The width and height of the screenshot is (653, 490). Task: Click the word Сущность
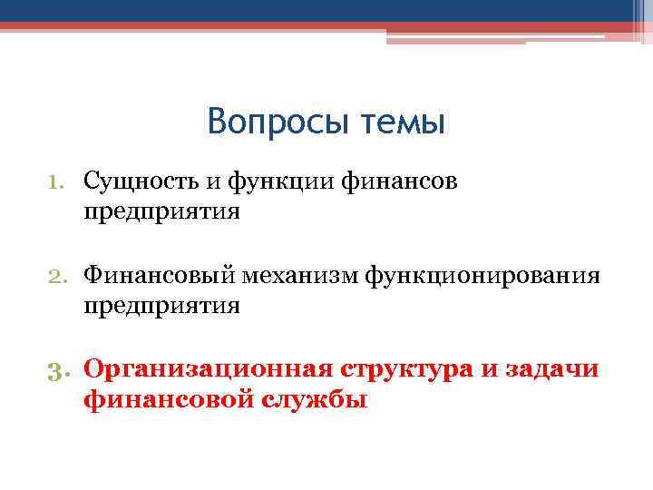[141, 182]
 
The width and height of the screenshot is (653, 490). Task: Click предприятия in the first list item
[162, 213]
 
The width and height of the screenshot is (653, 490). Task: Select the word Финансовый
[160, 275]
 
